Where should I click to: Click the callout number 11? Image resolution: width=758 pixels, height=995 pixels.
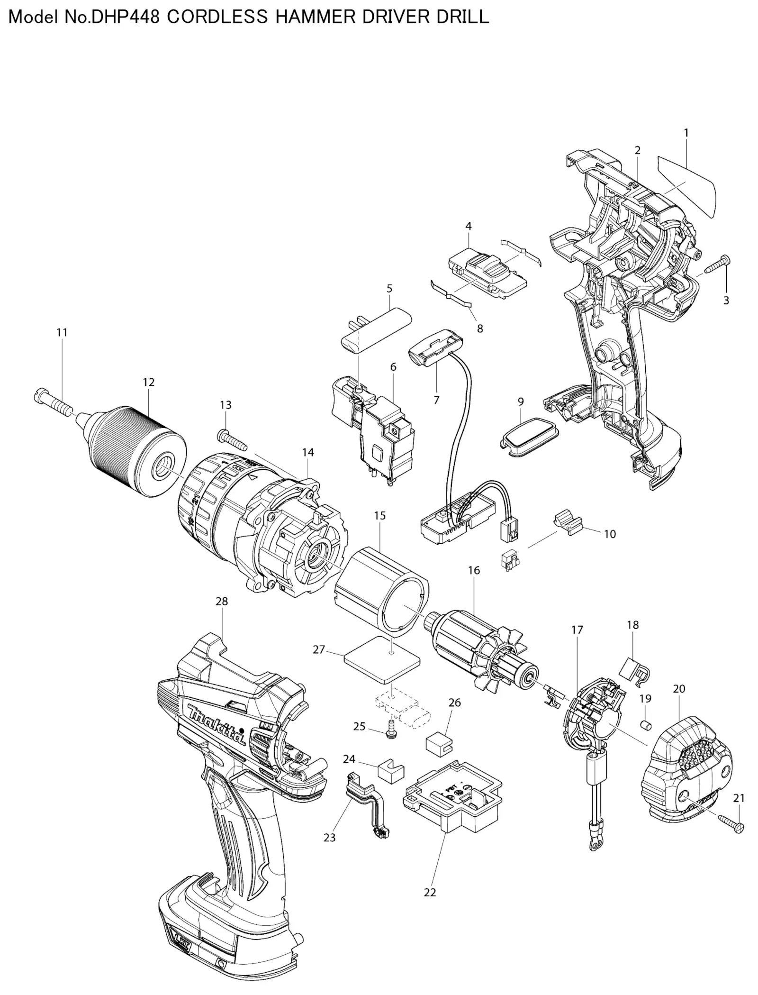62,333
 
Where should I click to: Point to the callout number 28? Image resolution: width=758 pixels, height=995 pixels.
222,602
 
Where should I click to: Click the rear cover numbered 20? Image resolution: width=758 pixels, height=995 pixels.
686,776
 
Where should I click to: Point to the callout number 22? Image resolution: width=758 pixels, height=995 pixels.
430,893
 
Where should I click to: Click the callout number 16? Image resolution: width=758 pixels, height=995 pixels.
474,570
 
